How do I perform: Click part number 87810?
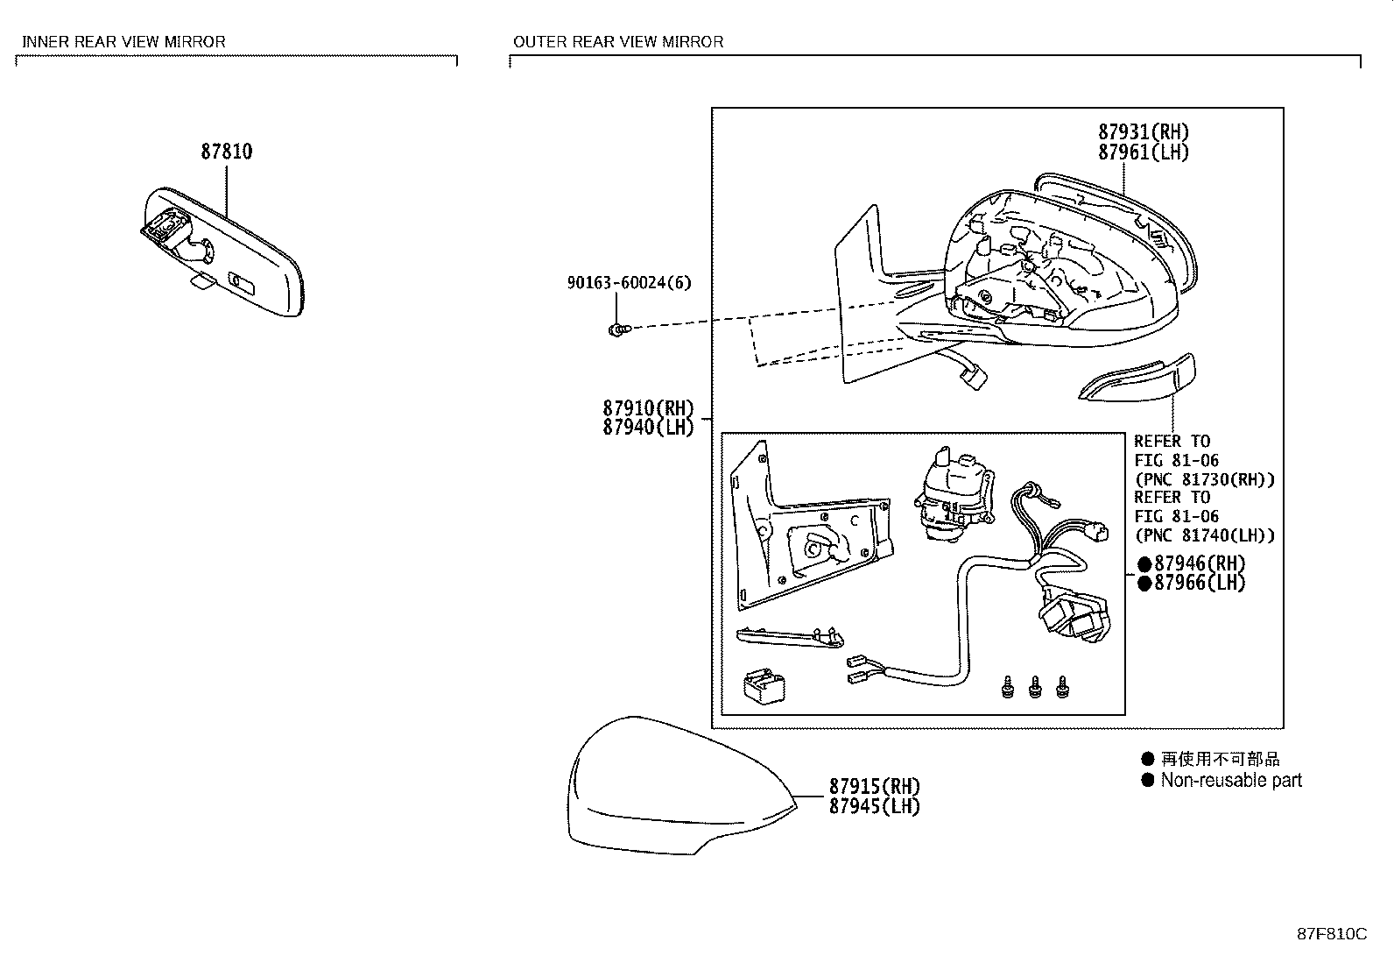point(226,152)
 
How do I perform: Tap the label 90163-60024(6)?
point(629,283)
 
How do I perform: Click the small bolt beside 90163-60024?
point(616,329)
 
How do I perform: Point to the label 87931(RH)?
point(1144,132)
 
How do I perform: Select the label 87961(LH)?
point(1144,152)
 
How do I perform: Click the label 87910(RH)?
point(647,408)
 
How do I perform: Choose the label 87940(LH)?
point(647,428)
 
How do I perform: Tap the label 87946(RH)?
point(1199,563)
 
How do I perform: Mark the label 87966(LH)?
point(1199,583)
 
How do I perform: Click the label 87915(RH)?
point(874,786)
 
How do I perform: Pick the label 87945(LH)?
point(874,806)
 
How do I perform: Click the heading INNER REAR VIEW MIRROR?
point(123,41)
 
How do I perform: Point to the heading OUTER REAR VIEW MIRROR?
point(618,41)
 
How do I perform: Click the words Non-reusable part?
point(1230,780)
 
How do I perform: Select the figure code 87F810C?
point(1331,933)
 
